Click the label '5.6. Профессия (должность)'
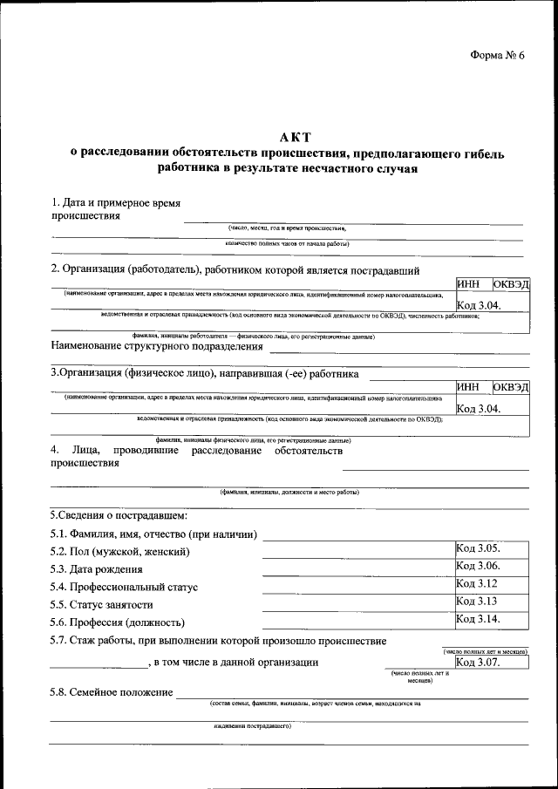[118, 622]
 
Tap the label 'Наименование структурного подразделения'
[157, 346]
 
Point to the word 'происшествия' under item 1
[85, 215]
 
